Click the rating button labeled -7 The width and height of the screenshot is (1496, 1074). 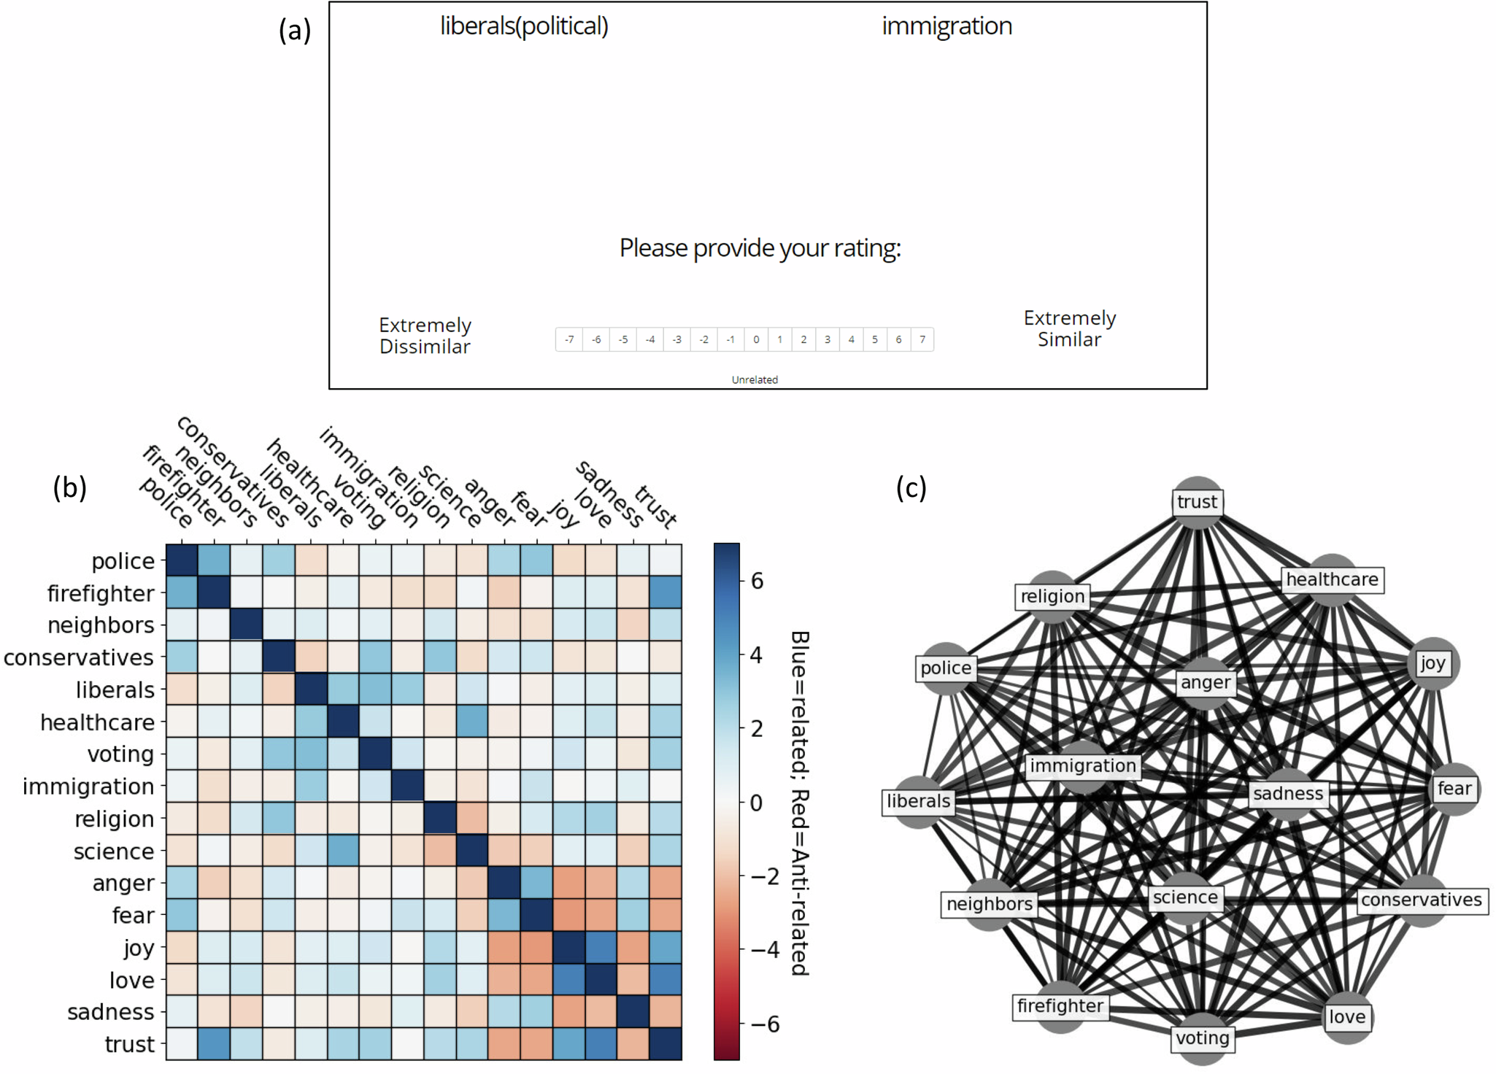pyautogui.click(x=569, y=339)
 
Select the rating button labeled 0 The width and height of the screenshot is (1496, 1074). pyautogui.click(x=756, y=339)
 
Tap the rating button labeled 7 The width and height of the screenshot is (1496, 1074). pyautogui.click(x=922, y=339)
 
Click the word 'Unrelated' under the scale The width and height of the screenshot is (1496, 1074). pyautogui.click(x=755, y=379)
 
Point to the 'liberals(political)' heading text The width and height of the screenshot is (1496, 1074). pyautogui.click(x=524, y=26)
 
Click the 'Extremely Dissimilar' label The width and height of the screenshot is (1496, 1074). pyautogui.click(x=425, y=336)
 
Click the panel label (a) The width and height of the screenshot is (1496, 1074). pyautogui.click(x=295, y=31)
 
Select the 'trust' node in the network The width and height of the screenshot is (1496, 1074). pyautogui.click(x=1197, y=502)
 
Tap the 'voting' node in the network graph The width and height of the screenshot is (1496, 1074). pyautogui.click(x=1202, y=1038)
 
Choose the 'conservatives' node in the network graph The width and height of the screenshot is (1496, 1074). pyautogui.click(x=1421, y=900)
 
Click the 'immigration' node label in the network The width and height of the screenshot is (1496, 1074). pyautogui.click(x=1082, y=765)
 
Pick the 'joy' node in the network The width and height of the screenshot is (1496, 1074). pyautogui.click(x=1432, y=663)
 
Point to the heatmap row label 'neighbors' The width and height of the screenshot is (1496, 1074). pyautogui.click(x=101, y=625)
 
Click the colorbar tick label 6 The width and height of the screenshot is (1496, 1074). pyautogui.click(x=757, y=581)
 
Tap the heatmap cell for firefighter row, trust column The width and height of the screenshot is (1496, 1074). pyautogui.click(x=666, y=592)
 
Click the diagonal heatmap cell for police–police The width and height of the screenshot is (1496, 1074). pyautogui.click(x=182, y=560)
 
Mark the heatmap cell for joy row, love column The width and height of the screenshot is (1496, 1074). pyautogui.click(x=601, y=948)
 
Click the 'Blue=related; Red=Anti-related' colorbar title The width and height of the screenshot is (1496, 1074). pyautogui.click(x=800, y=803)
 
